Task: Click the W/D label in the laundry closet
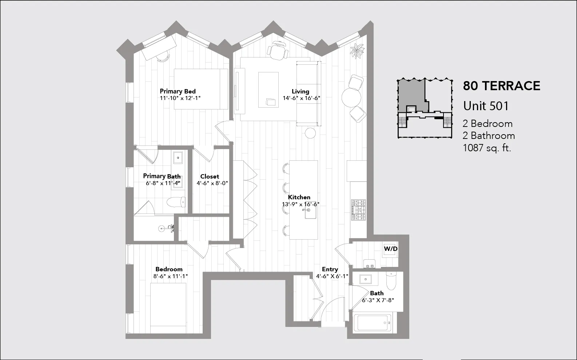(391, 249)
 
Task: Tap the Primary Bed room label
(178, 91)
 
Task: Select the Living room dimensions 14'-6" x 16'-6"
(301, 98)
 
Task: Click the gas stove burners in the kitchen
(358, 210)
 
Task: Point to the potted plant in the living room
(357, 50)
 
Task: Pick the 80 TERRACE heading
(501, 86)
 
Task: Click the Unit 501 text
(486, 106)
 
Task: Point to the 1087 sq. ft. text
(487, 148)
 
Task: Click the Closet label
(210, 176)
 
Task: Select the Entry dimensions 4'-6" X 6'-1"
(332, 276)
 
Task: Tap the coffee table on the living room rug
(268, 89)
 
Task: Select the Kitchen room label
(299, 197)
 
